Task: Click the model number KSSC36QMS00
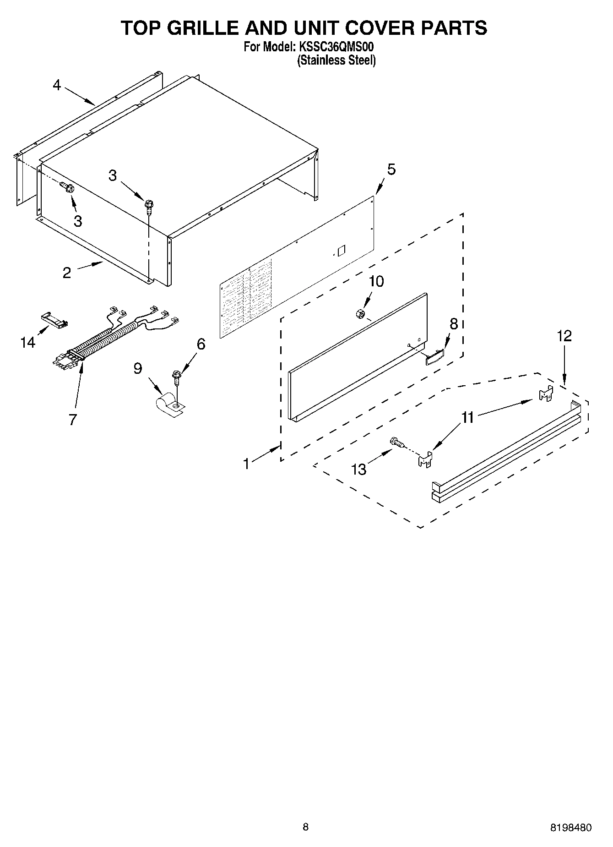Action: (x=337, y=47)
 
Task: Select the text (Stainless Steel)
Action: (x=336, y=60)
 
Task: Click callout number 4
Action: (x=57, y=85)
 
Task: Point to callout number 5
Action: (x=391, y=169)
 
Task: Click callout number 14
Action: (x=28, y=342)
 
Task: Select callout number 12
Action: (x=564, y=336)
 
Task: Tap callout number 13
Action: (x=359, y=470)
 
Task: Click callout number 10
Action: (x=376, y=281)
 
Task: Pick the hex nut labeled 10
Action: (x=360, y=314)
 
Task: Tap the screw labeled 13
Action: (x=396, y=443)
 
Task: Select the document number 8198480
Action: (x=570, y=827)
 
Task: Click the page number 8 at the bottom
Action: (x=305, y=827)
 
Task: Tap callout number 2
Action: (x=67, y=273)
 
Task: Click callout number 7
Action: (x=73, y=419)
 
